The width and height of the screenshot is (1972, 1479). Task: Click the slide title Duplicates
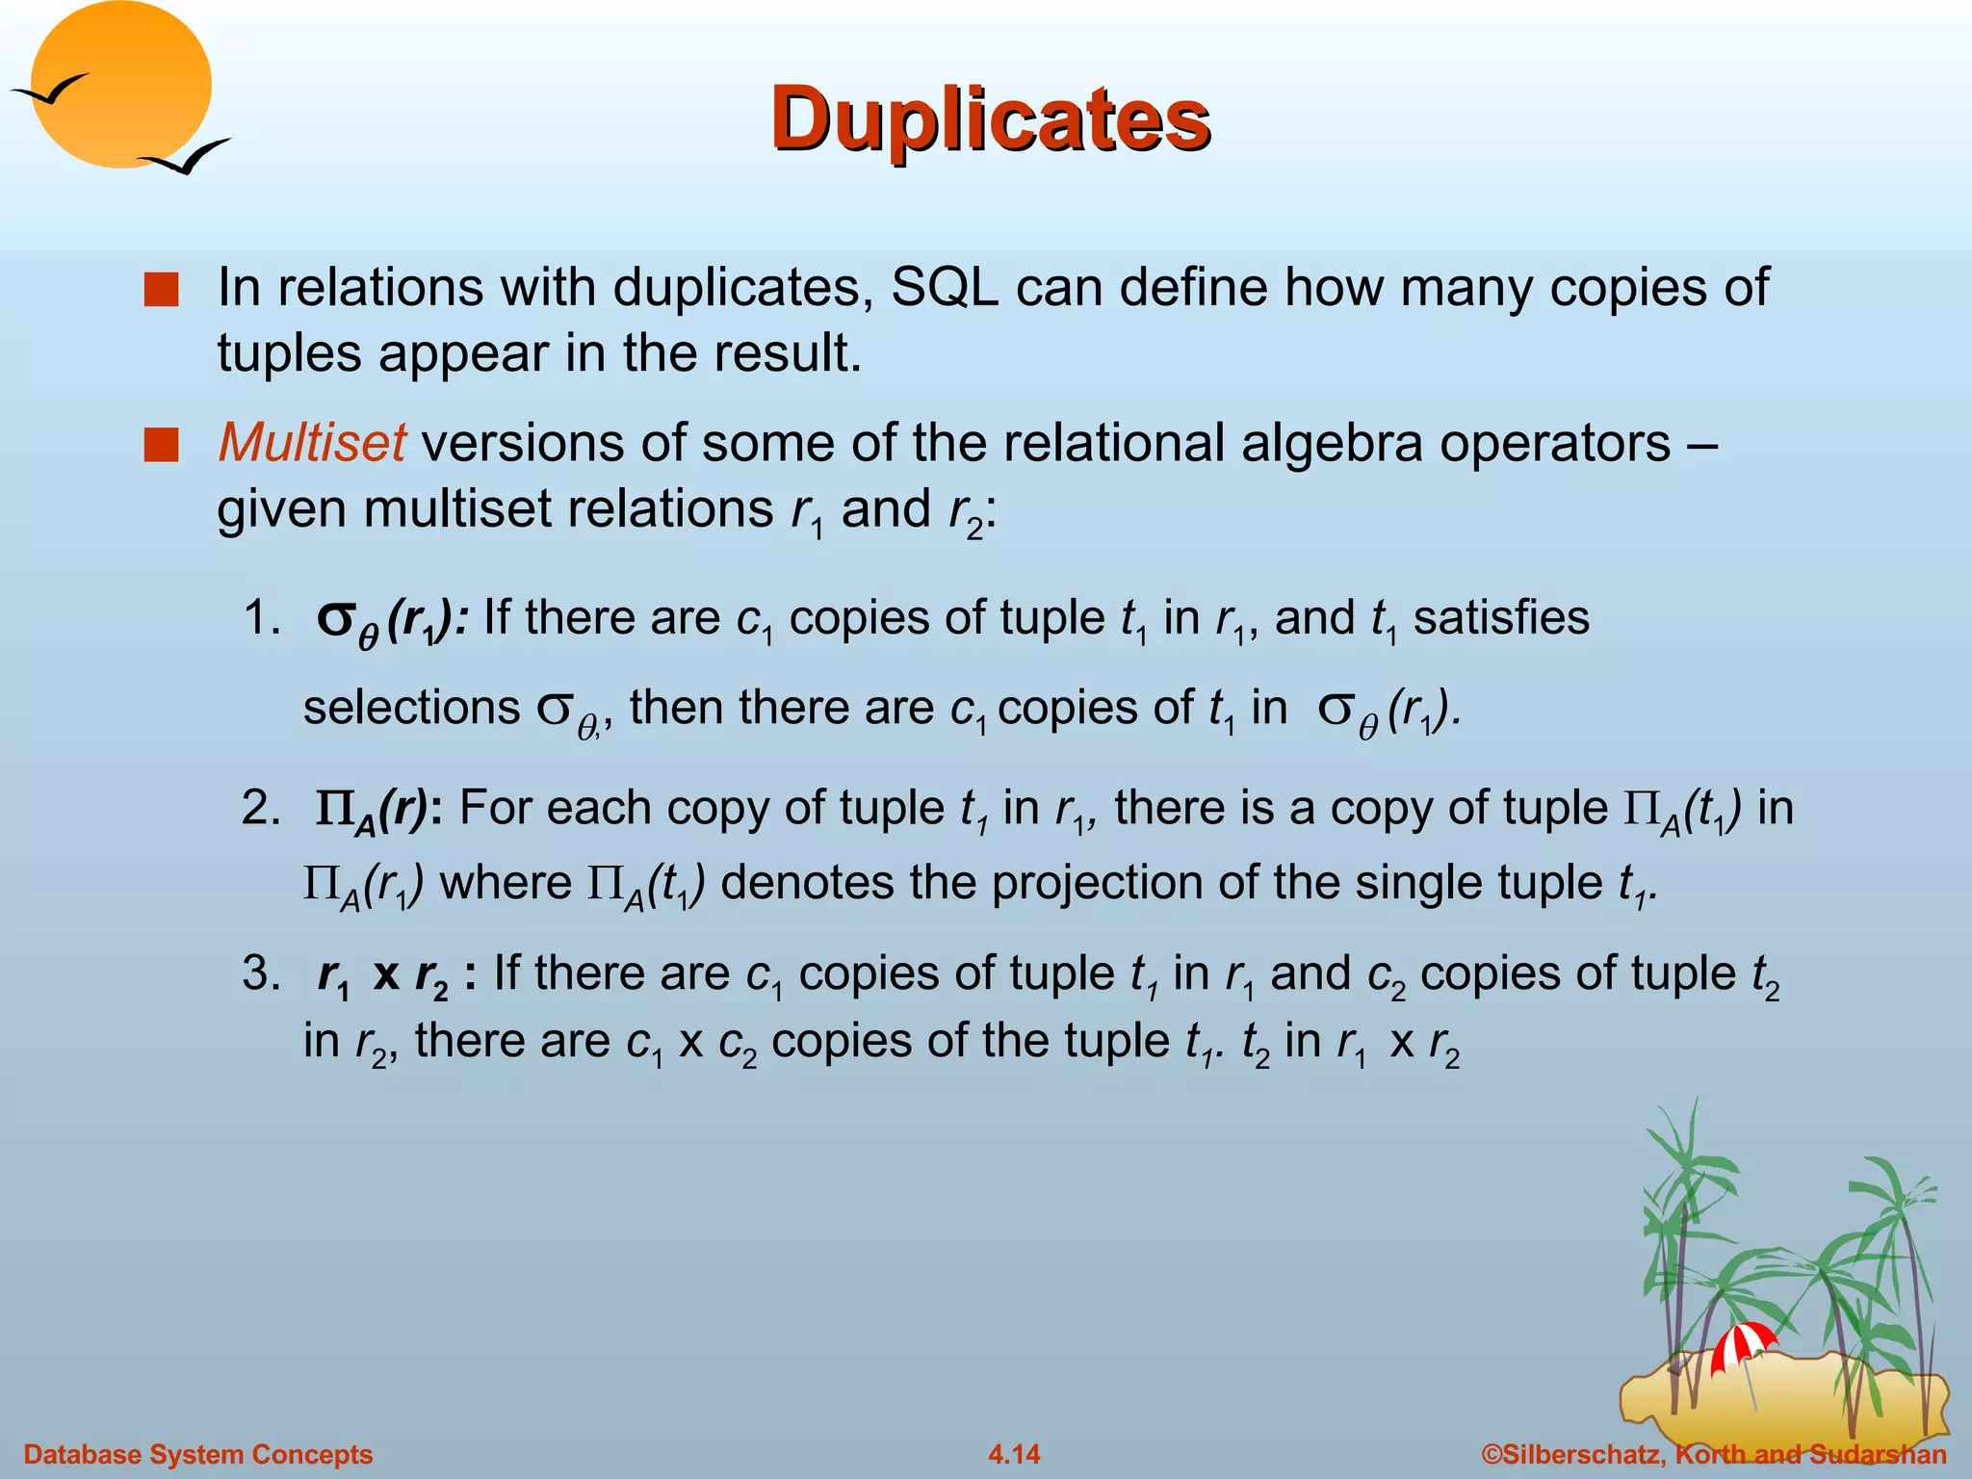click(990, 119)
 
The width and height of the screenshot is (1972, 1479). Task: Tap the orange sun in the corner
click(120, 85)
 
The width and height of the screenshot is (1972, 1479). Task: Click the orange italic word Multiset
click(312, 443)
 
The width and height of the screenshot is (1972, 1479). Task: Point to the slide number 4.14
click(1014, 1454)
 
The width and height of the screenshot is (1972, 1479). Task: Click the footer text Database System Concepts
click(198, 1454)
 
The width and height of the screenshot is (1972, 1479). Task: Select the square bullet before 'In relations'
click(161, 290)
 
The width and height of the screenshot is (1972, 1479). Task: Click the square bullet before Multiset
click(161, 446)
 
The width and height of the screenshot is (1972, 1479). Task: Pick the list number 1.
click(262, 617)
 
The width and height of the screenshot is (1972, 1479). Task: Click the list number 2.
click(262, 807)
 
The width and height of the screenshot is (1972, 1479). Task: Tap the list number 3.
click(262, 973)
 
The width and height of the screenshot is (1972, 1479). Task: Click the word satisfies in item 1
click(1501, 617)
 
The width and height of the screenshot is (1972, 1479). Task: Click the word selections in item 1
click(411, 708)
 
